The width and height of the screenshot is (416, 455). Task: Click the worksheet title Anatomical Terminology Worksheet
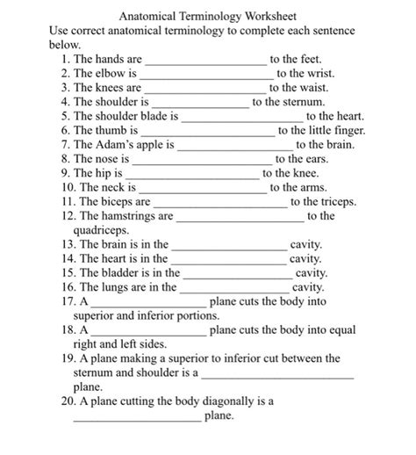tap(207, 17)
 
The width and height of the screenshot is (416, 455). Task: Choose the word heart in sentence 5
tap(348, 116)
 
